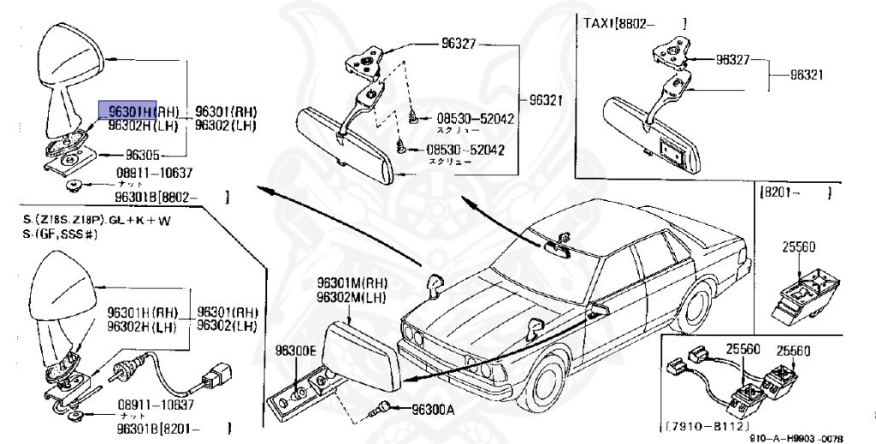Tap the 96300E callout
tap(295, 350)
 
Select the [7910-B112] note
tap(705, 425)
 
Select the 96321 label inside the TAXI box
tap(806, 74)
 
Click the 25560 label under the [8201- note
tap(794, 246)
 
